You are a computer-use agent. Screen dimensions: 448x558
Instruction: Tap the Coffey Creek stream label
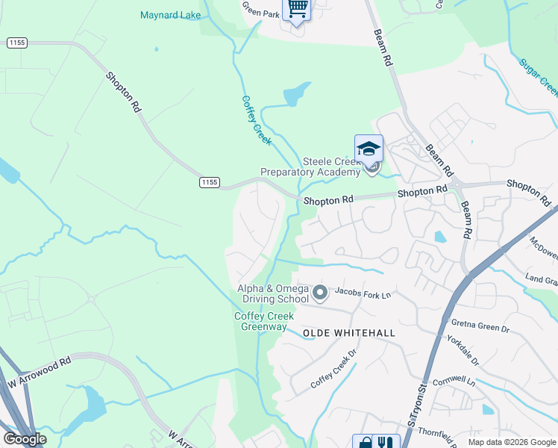coord(256,119)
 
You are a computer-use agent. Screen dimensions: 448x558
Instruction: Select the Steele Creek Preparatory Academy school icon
coord(369,149)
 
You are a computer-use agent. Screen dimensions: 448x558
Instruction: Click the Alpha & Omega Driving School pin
coord(320,292)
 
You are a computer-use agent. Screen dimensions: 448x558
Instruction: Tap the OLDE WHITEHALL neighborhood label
coord(348,332)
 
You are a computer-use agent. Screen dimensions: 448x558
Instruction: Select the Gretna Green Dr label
coord(480,326)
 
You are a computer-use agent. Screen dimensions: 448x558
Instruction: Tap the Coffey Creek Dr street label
coord(335,368)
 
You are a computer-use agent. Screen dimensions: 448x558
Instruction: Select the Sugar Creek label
coord(538,77)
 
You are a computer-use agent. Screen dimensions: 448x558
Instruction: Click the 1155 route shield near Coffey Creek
coord(210,182)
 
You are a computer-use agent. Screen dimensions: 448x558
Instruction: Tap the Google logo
coord(25,439)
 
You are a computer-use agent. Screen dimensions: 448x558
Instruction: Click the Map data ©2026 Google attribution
coord(512,442)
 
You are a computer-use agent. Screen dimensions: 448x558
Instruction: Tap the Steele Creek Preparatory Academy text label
coord(310,167)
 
